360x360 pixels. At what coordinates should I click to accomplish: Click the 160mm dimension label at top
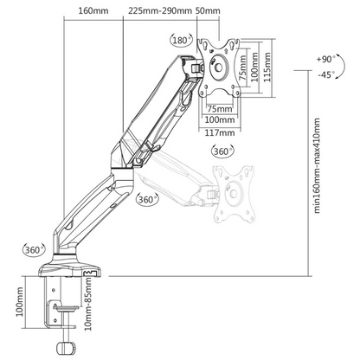[x=93, y=11]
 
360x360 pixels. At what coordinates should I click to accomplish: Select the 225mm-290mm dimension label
[x=160, y=11]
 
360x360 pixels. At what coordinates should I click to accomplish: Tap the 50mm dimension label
[x=208, y=11]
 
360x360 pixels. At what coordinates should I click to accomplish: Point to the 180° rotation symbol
[x=181, y=40]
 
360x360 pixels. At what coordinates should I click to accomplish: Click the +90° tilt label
[x=326, y=59]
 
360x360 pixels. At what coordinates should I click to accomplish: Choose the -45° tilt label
[x=326, y=74]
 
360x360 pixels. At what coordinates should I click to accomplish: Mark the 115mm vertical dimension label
[x=267, y=67]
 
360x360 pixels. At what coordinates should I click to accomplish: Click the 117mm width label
[x=220, y=132]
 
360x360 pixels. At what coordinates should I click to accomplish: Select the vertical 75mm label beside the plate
[x=243, y=68]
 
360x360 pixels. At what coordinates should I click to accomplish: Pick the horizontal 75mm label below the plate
[x=220, y=109]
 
